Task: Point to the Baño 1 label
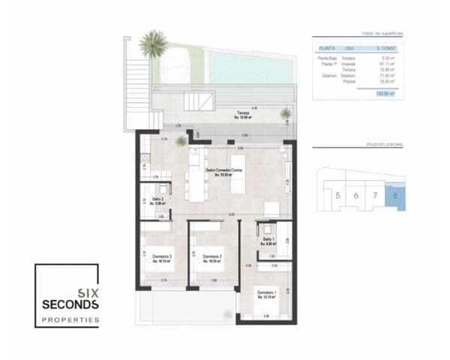(x=268, y=241)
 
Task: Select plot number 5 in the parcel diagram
(x=338, y=196)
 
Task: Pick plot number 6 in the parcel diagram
(x=356, y=196)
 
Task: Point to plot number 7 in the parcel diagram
(x=376, y=196)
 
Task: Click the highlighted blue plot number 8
(x=395, y=196)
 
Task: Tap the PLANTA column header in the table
(x=328, y=48)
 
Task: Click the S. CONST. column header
(x=387, y=48)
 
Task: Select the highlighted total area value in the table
(x=387, y=93)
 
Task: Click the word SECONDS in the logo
(x=69, y=306)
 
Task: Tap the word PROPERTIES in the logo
(x=69, y=320)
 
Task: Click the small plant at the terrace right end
(x=285, y=114)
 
